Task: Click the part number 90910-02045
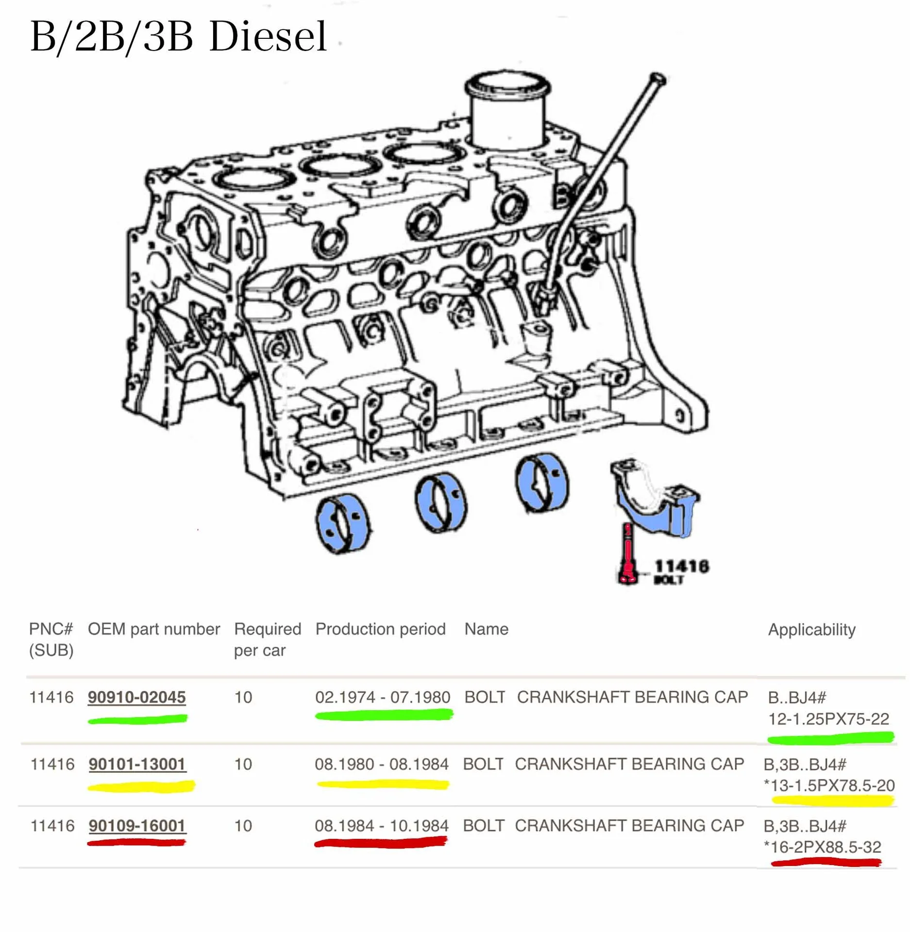coord(136,697)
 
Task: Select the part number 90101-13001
coord(137,764)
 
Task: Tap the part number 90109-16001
coord(137,826)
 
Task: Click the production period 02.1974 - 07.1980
coord(383,697)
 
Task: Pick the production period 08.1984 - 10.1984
coord(381,826)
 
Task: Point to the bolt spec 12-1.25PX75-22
coord(828,719)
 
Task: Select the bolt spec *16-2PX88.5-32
coord(822,847)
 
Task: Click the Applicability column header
coord(811,630)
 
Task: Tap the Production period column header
coord(380,629)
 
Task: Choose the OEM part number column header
coord(154,630)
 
